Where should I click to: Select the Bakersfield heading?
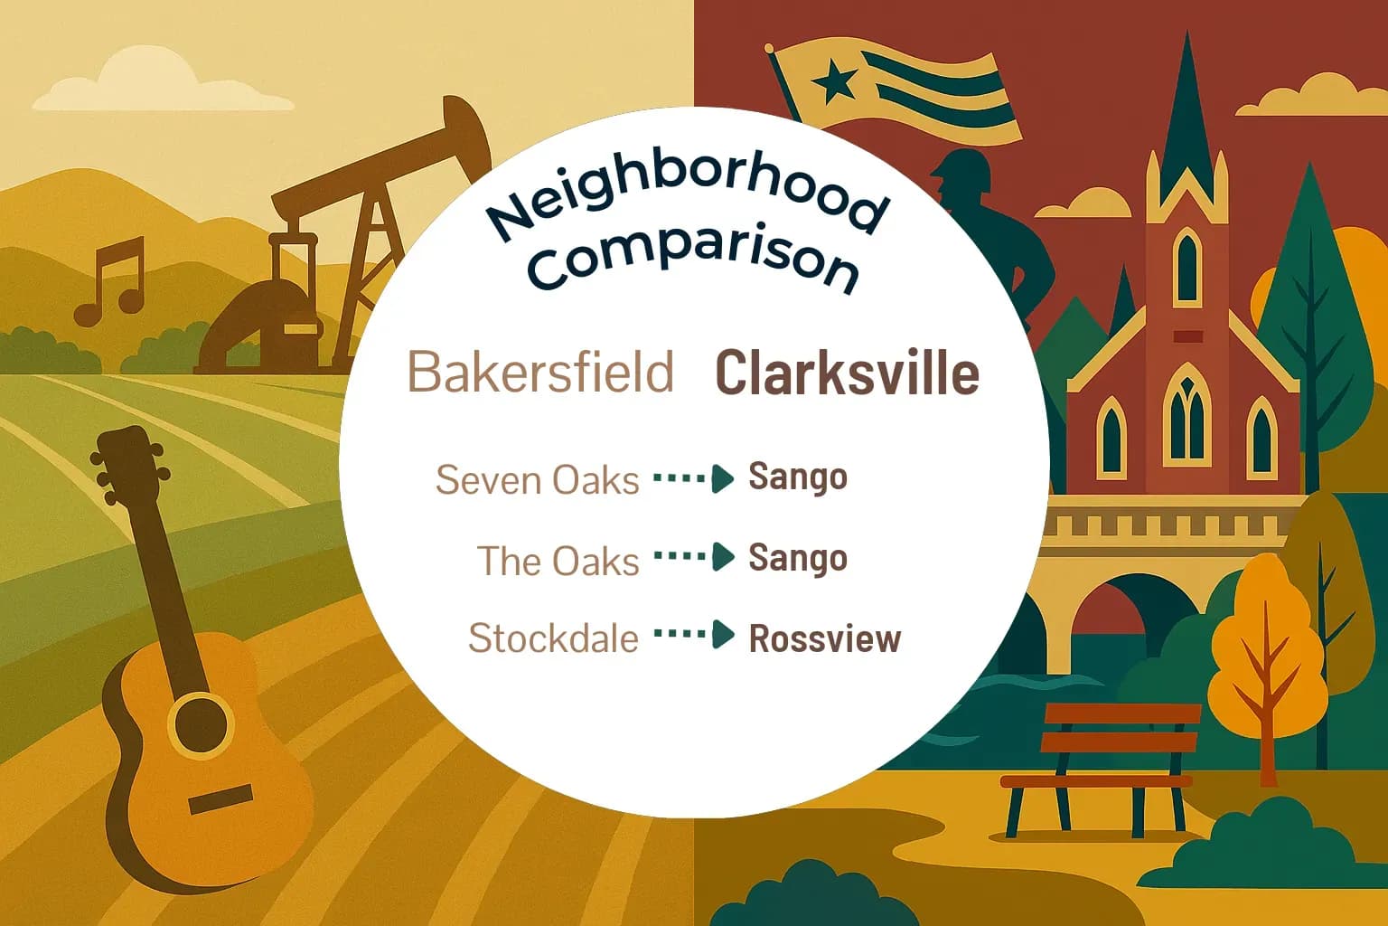(x=540, y=372)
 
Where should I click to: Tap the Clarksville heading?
(x=847, y=373)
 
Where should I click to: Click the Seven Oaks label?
(x=538, y=479)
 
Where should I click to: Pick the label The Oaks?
(x=558, y=561)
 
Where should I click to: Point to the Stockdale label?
(x=553, y=638)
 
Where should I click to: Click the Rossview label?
(x=825, y=638)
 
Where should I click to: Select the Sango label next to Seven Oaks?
(x=798, y=477)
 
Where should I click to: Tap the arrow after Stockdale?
(x=694, y=635)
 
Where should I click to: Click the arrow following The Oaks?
(x=694, y=557)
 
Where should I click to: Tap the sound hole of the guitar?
(x=201, y=723)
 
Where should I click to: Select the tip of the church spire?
(x=1186, y=41)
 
